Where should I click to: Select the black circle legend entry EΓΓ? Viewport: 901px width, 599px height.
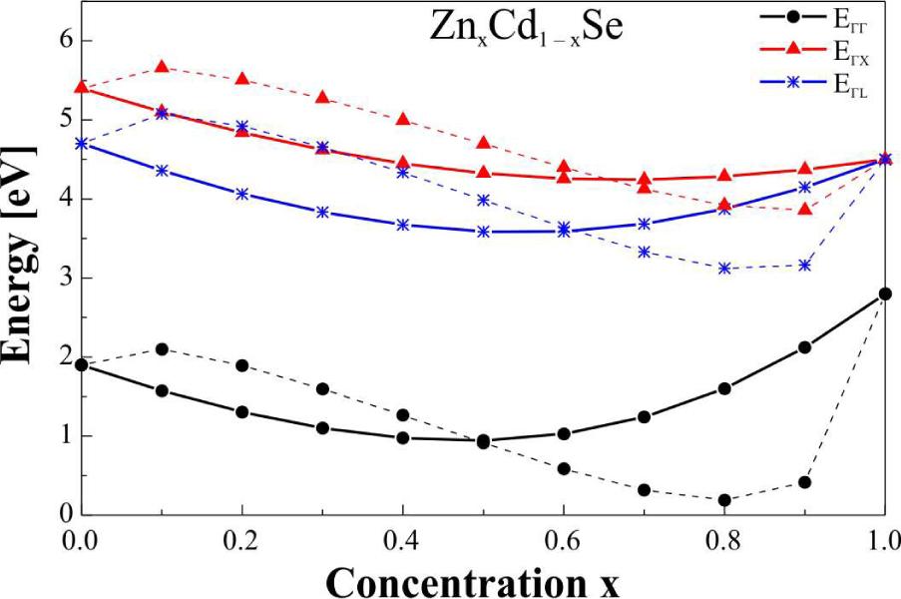(x=843, y=17)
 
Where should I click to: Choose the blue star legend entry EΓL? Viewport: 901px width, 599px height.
(x=843, y=84)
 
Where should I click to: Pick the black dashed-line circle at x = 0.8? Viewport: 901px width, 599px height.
(x=724, y=500)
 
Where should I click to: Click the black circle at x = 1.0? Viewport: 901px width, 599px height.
(x=885, y=294)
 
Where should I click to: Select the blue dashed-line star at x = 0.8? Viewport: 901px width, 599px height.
(x=724, y=269)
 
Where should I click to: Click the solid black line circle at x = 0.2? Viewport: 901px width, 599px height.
(x=241, y=412)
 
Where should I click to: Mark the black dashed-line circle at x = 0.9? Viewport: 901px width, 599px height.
(x=804, y=482)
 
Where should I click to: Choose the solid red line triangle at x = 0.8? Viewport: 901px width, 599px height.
(x=724, y=176)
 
